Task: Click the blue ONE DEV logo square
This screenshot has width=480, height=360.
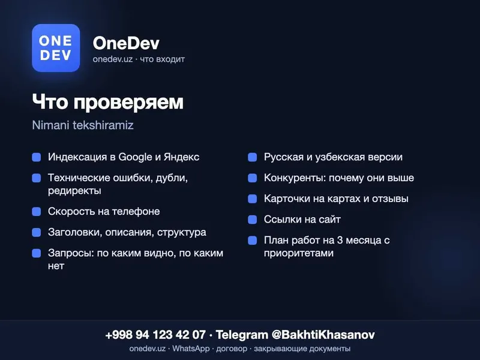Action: click(x=56, y=48)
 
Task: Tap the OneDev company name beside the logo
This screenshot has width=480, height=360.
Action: click(x=126, y=43)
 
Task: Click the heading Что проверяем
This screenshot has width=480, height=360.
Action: click(x=108, y=102)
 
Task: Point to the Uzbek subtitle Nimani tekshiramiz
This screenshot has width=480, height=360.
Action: click(x=83, y=125)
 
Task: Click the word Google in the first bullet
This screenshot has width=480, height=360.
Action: click(x=135, y=157)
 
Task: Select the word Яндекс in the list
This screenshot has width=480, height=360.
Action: click(x=181, y=157)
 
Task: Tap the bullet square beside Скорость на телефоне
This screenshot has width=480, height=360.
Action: click(x=37, y=212)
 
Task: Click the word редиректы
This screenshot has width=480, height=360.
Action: click(x=74, y=191)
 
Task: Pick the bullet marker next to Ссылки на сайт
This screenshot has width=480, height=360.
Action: click(x=252, y=220)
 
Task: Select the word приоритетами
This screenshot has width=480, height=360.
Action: click(x=298, y=253)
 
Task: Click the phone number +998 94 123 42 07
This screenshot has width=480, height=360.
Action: click(x=155, y=335)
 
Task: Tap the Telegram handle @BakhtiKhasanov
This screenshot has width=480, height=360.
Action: click(x=323, y=335)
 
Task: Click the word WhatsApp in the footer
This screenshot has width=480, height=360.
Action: click(x=191, y=349)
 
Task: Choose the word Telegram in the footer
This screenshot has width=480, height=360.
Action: click(x=242, y=335)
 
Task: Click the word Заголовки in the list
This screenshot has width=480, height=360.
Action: click(x=75, y=232)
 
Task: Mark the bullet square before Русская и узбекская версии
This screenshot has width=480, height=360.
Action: click(x=252, y=157)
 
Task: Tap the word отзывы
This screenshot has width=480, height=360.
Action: click(x=391, y=199)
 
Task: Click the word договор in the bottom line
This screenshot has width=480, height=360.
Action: click(x=232, y=349)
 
